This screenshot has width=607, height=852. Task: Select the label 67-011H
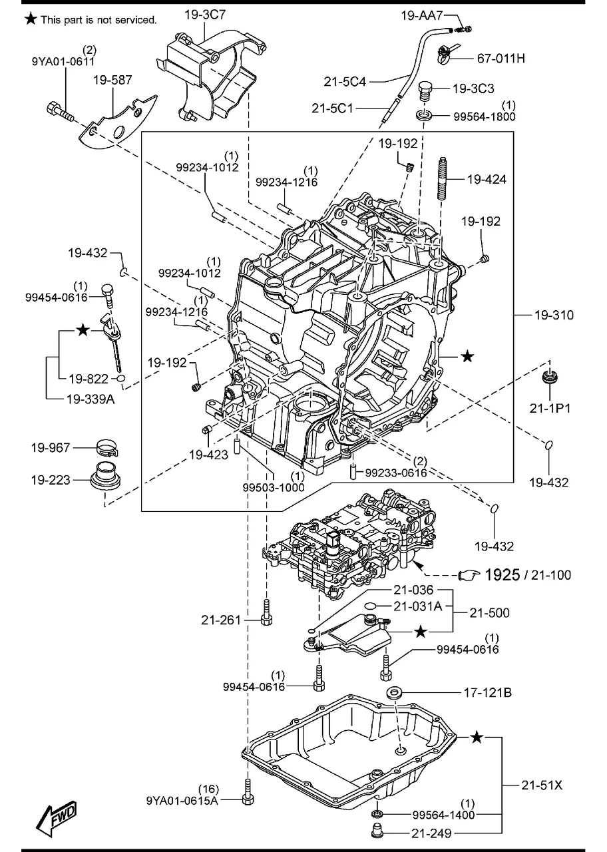pos(500,59)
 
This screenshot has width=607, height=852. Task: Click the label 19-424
pos(486,179)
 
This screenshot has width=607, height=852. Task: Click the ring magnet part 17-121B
pos(394,693)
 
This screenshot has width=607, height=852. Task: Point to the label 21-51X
pos(541,785)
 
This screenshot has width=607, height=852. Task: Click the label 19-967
pos(50,448)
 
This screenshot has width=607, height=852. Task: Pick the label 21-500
pos(489,612)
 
